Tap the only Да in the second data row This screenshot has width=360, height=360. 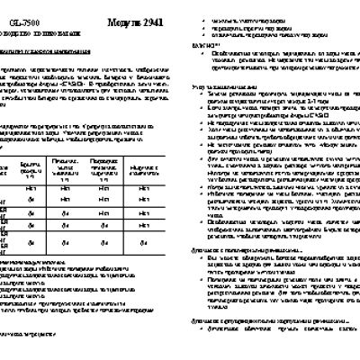tap(30, 200)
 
